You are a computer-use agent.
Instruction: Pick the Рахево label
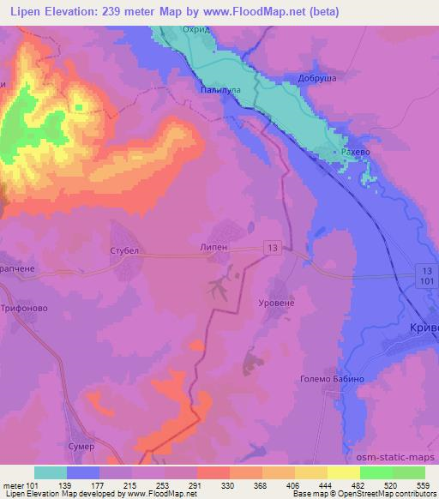[x=354, y=152]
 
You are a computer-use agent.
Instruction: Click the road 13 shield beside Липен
[x=272, y=248]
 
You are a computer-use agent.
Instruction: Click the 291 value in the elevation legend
[x=197, y=486]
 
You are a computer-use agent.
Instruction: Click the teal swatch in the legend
[x=51, y=472]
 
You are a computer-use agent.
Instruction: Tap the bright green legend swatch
[x=376, y=472]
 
